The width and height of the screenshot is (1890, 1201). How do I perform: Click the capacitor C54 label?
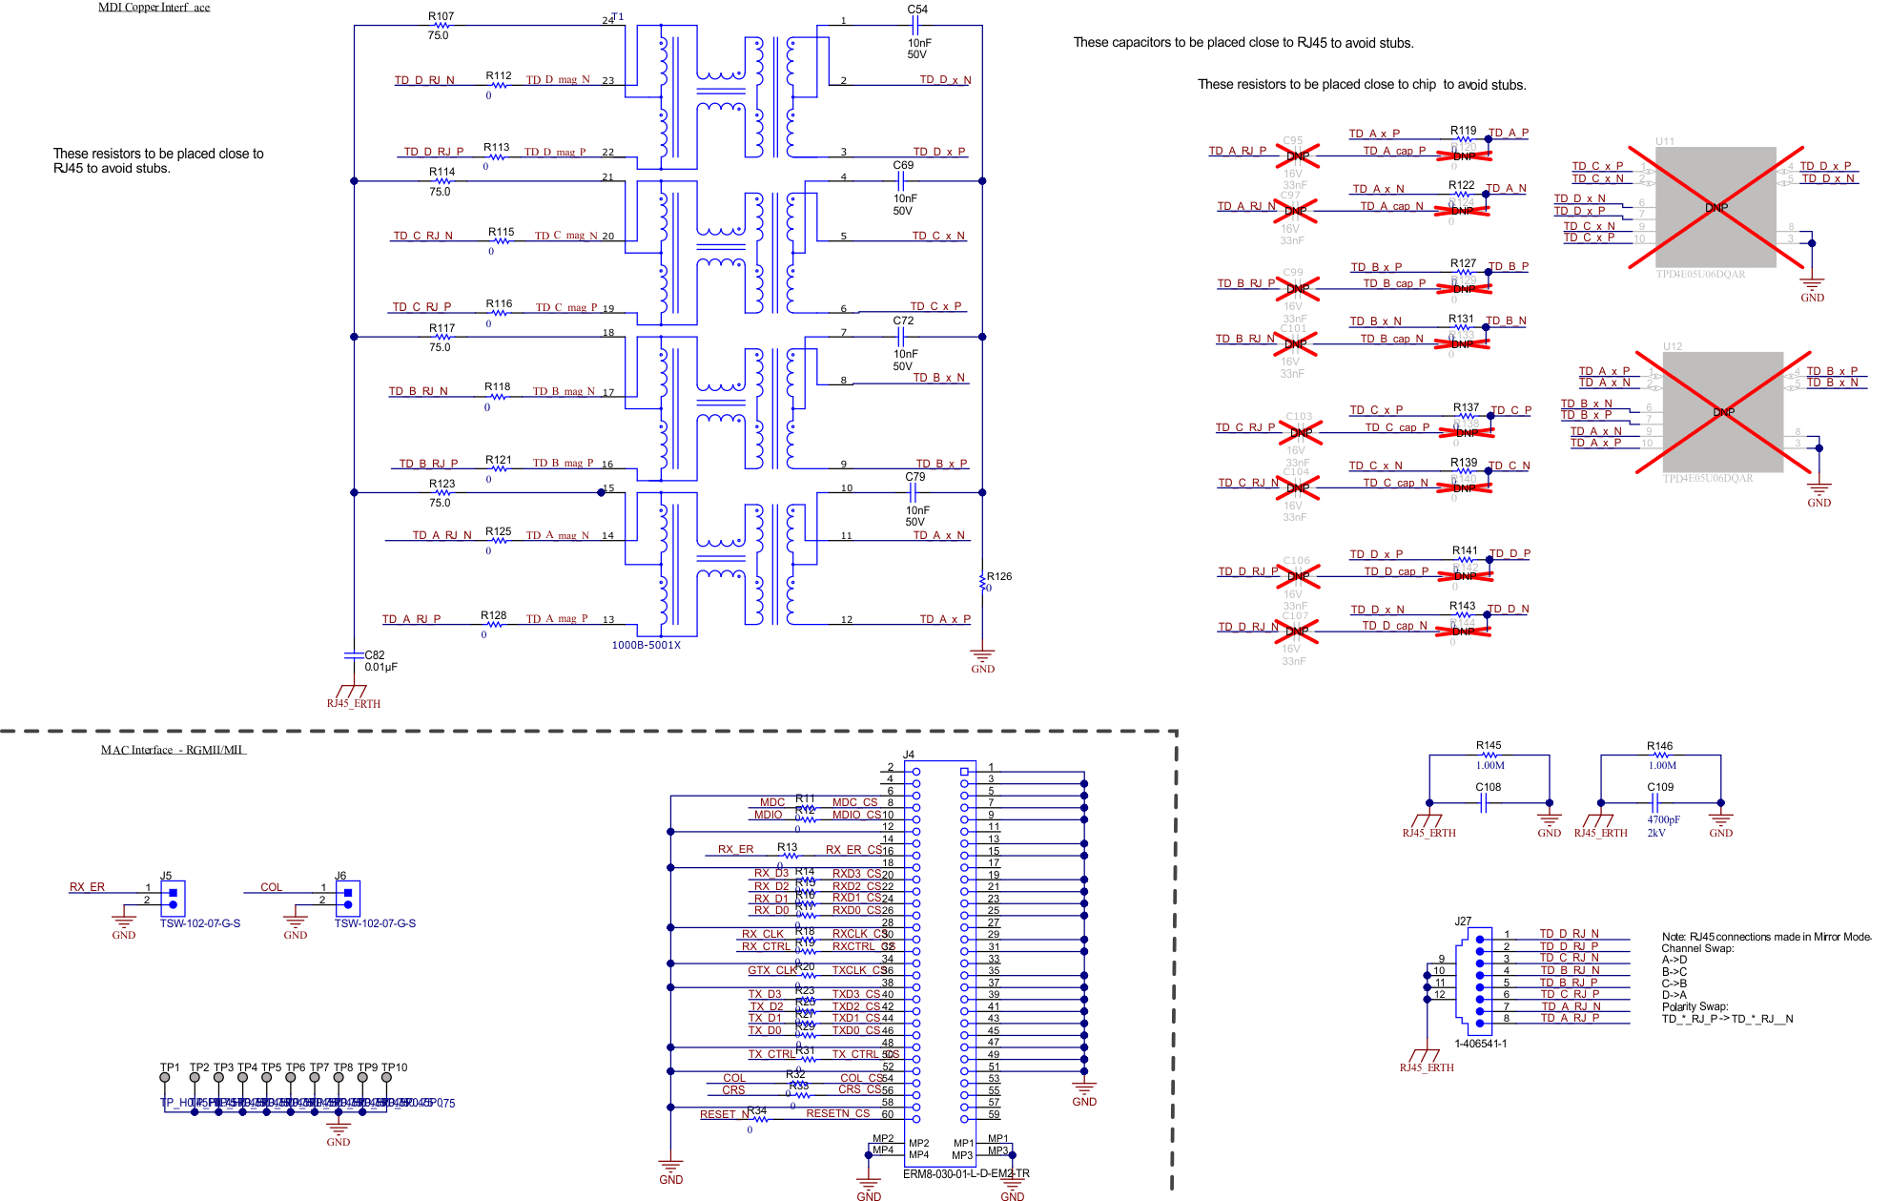click(x=916, y=10)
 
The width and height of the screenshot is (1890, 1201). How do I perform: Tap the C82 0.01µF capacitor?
click(x=355, y=655)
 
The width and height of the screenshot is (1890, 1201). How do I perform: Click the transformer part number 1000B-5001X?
click(x=646, y=646)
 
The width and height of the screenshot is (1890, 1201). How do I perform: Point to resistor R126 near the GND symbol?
click(x=983, y=582)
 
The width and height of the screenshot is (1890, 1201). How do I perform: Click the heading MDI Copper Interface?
click(x=154, y=8)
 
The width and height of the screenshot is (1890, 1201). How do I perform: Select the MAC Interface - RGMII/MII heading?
click(x=174, y=750)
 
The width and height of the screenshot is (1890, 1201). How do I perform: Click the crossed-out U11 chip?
click(x=1715, y=207)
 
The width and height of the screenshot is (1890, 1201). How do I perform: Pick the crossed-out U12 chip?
click(x=1722, y=412)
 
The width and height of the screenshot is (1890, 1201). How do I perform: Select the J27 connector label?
click(x=1463, y=921)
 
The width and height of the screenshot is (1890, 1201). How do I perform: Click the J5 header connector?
click(x=173, y=899)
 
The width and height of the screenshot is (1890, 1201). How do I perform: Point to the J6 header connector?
click(x=347, y=899)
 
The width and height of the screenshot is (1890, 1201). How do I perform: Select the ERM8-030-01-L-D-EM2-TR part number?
click(x=966, y=1174)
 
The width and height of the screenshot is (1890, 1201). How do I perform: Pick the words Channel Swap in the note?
click(x=1697, y=948)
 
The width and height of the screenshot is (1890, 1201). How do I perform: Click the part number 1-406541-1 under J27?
click(x=1480, y=1044)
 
